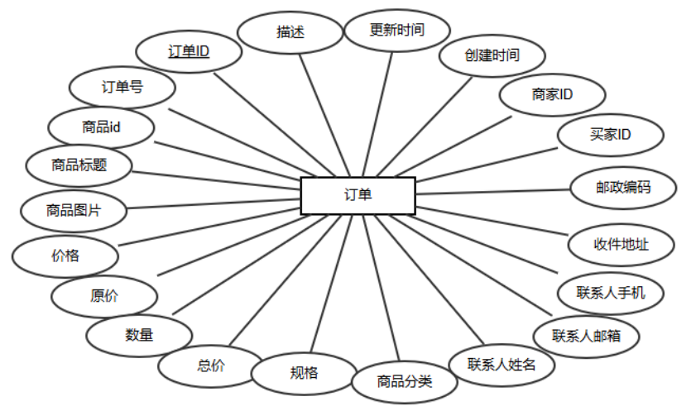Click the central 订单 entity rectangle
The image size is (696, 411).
(358, 196)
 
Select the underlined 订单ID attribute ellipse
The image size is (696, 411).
(189, 51)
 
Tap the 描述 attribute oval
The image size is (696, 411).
(290, 32)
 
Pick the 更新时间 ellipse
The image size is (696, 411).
(397, 31)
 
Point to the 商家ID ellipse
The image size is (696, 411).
(552, 95)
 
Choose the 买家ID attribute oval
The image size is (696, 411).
(611, 134)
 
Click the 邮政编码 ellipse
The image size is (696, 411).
(623, 188)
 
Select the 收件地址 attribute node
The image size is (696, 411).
(622, 244)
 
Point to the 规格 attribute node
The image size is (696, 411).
(304, 372)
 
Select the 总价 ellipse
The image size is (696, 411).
(211, 366)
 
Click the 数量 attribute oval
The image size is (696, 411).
(139, 335)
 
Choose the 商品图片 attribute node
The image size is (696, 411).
(74, 210)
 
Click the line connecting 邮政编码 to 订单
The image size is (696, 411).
(493, 192)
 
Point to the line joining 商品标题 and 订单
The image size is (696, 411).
(217, 177)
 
